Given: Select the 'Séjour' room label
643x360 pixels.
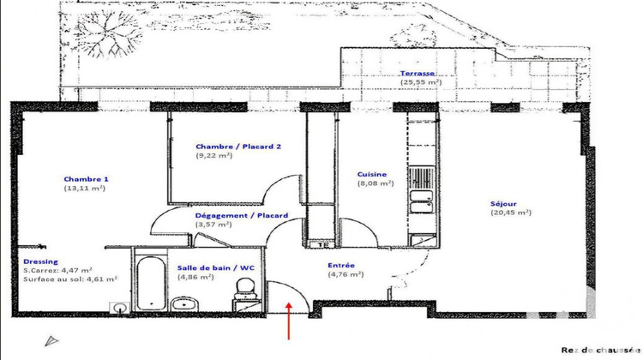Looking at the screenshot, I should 503,203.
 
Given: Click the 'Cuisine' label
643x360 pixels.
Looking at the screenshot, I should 375,174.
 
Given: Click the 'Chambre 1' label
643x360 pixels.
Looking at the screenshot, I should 86,179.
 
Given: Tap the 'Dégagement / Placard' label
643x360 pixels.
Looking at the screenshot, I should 242,215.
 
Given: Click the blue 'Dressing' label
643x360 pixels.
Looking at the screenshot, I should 41,261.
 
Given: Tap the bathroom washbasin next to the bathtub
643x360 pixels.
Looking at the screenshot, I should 183,303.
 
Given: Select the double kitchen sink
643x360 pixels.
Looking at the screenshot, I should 420,205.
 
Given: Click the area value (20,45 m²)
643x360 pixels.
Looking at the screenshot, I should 512,213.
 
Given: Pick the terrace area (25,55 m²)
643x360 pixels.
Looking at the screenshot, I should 420,84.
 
